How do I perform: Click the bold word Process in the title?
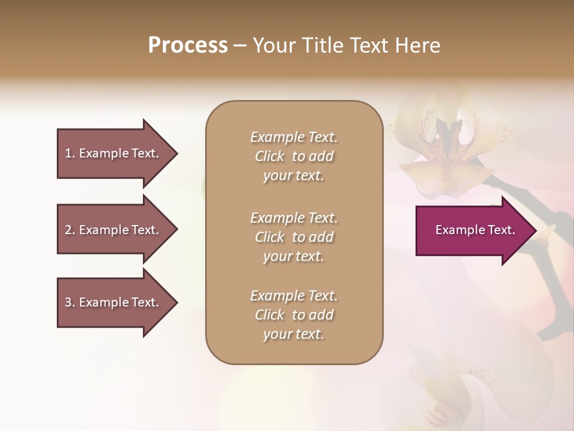pyautogui.click(x=188, y=45)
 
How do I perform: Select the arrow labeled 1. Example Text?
pyautogui.click(x=112, y=153)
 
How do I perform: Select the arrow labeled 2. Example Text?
pyautogui.click(x=112, y=230)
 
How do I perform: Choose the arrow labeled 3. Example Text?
pyautogui.click(x=112, y=302)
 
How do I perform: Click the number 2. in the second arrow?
pyautogui.click(x=70, y=230)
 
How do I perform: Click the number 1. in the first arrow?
pyautogui.click(x=70, y=153)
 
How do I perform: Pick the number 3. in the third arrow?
pyautogui.click(x=70, y=302)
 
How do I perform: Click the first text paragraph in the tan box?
pyautogui.click(x=294, y=156)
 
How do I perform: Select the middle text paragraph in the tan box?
pyautogui.click(x=294, y=237)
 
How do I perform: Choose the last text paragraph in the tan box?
pyautogui.click(x=294, y=315)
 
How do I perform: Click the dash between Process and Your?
pyautogui.click(x=240, y=46)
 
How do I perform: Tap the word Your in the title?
pyautogui.click(x=274, y=45)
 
